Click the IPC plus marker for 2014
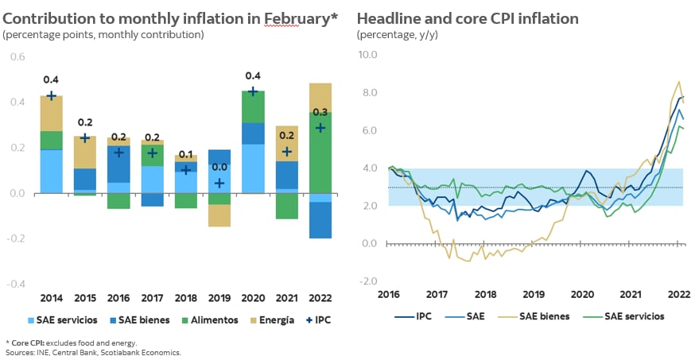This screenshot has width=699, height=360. (x=52, y=95)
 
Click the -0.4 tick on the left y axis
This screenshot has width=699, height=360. (x=17, y=284)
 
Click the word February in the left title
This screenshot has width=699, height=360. (x=270, y=18)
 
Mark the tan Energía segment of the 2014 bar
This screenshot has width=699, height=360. (x=52, y=113)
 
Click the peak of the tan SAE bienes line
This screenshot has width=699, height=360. (x=678, y=82)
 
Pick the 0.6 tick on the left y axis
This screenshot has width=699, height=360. (x=17, y=57)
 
